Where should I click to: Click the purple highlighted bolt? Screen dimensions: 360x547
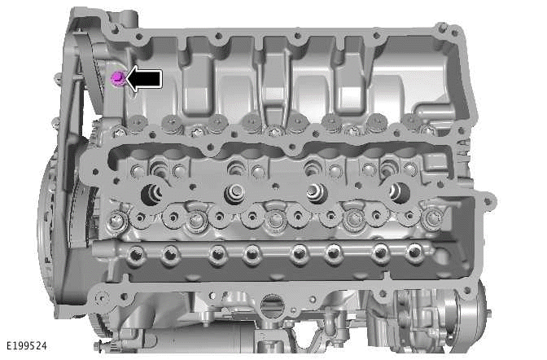pos(117,77)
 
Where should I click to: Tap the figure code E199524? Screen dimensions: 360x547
pos(24,346)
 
